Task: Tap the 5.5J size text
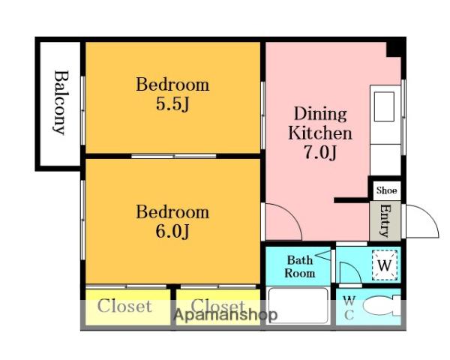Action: point(172,104)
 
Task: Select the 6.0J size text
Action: point(172,232)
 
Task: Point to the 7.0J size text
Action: point(320,152)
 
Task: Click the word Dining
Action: point(320,115)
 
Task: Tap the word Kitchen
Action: point(320,133)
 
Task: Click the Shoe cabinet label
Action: point(386,190)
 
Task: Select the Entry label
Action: point(385,220)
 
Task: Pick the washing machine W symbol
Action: point(385,265)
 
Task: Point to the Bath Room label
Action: point(299,267)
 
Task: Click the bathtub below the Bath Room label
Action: point(297,306)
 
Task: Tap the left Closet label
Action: point(124,306)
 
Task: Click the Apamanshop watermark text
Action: point(226,315)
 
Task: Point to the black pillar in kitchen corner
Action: point(395,48)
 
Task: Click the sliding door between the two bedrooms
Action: point(174,156)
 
